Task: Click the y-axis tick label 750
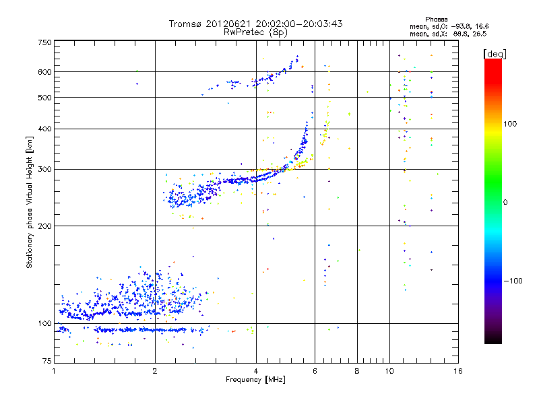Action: click(44, 42)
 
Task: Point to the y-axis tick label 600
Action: click(44, 72)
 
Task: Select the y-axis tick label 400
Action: click(44, 129)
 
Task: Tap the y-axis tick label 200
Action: click(44, 226)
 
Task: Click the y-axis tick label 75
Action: click(45, 363)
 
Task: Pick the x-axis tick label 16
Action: click(457, 371)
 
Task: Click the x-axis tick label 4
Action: click(255, 371)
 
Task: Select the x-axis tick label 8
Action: click(357, 371)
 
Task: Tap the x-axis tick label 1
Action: click(54, 371)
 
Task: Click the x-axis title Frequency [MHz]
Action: click(255, 380)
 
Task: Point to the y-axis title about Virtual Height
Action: click(30, 202)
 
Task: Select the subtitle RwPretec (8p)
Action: click(255, 32)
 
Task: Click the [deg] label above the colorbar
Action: click(494, 53)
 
